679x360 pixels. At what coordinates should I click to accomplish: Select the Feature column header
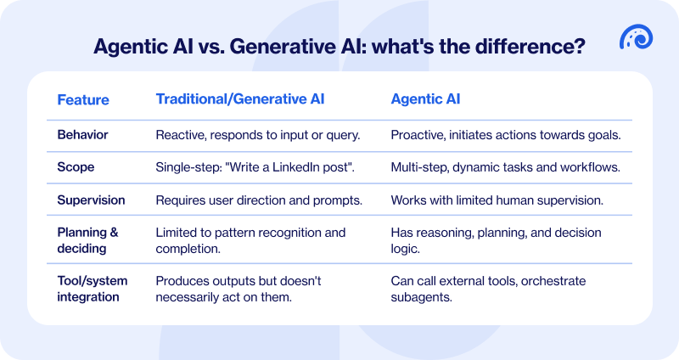83,99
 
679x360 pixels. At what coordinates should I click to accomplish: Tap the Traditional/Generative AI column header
239,98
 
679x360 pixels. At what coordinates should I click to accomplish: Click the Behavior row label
84,134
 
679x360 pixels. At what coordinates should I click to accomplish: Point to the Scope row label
76,168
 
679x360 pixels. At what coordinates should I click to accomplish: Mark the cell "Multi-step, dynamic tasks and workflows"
505,168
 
